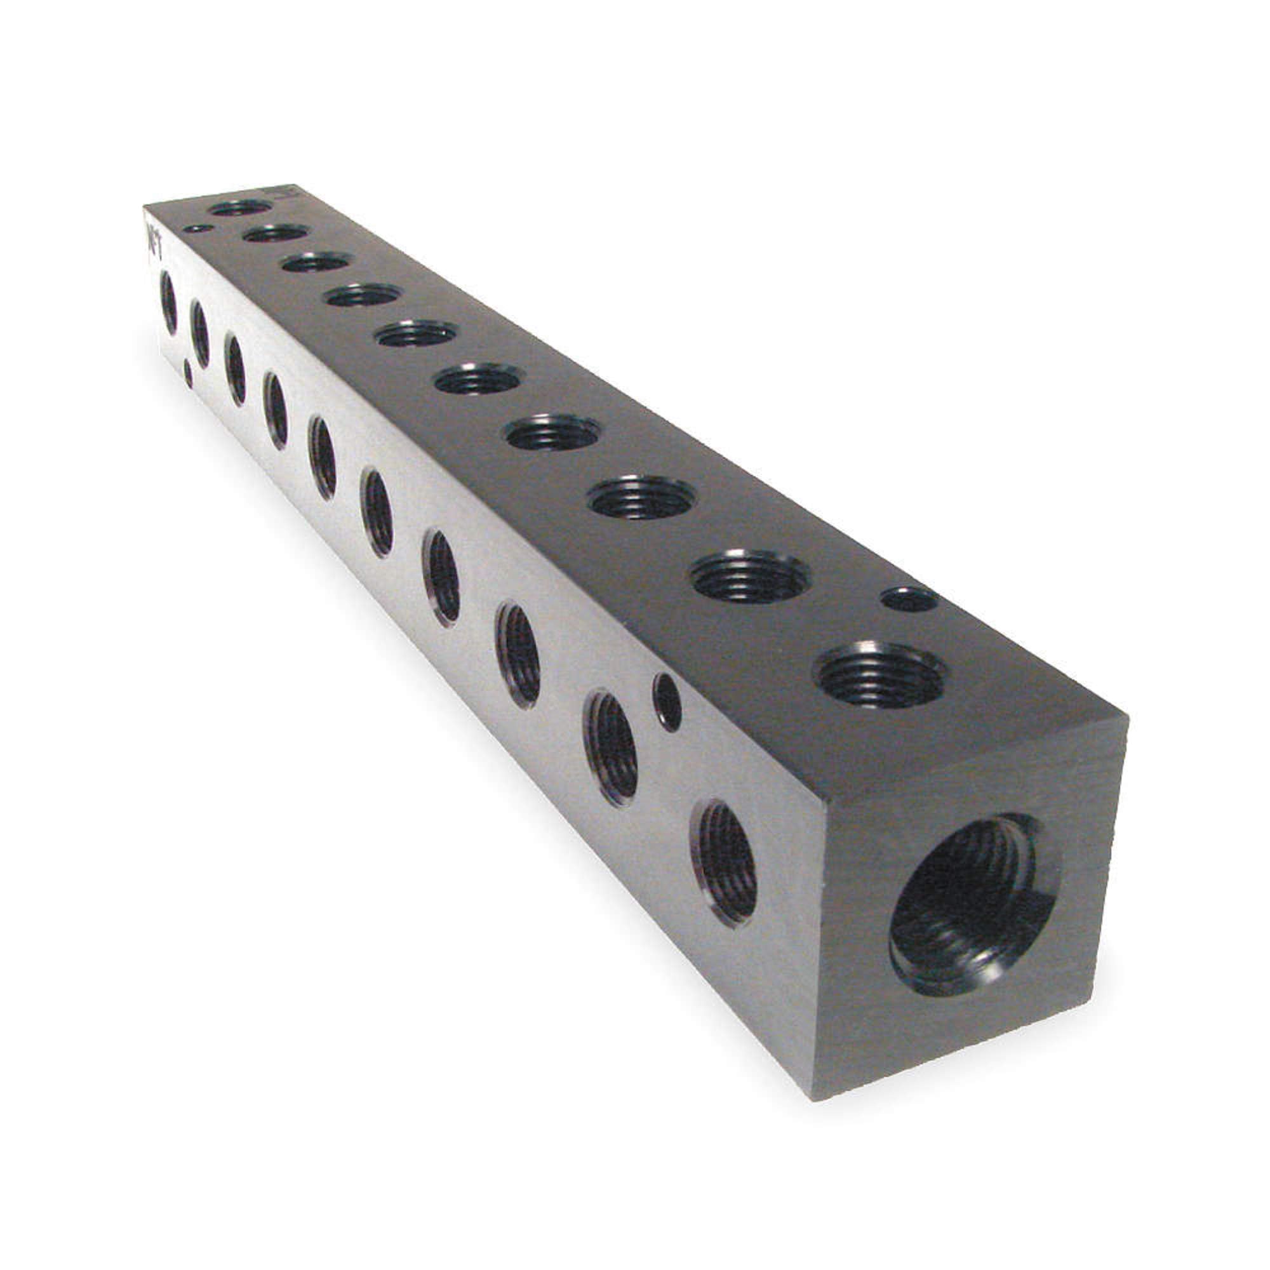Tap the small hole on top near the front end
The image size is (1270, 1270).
[909, 599]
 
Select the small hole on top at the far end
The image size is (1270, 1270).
[198, 228]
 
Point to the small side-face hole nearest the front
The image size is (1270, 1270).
[667, 702]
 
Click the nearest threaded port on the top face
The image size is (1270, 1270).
[879, 674]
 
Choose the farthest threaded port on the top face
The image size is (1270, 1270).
[241, 208]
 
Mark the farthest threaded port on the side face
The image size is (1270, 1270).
[168, 303]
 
